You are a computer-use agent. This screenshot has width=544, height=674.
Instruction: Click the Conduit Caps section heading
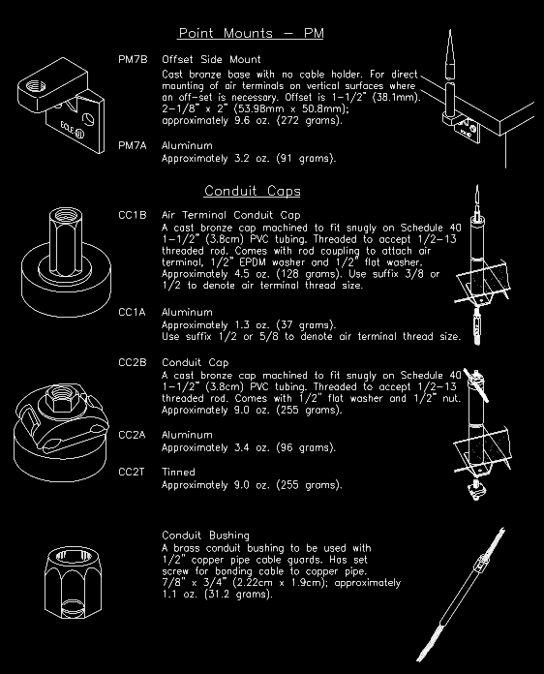(252, 191)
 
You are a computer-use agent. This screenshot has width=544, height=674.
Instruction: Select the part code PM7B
(133, 60)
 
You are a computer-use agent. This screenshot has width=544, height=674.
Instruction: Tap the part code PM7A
(133, 145)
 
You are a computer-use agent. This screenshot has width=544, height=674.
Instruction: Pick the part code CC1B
(133, 215)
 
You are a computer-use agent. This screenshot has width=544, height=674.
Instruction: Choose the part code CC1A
(133, 313)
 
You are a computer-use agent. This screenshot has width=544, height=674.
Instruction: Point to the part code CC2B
(133, 362)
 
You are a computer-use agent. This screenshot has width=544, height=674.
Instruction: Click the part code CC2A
(133, 436)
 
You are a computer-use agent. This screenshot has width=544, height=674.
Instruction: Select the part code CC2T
(133, 472)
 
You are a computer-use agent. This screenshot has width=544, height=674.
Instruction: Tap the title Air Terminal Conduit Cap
(230, 215)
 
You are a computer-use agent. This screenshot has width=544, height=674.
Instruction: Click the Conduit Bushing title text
(205, 536)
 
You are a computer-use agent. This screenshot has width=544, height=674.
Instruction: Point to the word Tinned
(178, 472)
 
